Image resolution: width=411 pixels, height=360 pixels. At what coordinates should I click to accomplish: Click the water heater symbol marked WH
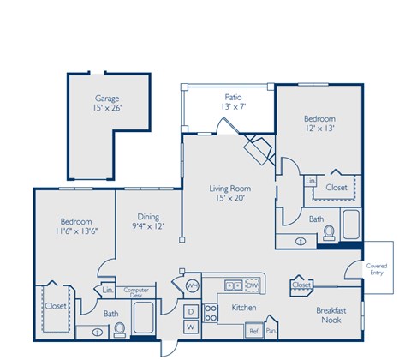pyautogui.click(x=193, y=285)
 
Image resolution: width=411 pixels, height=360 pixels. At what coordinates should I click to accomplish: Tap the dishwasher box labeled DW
pyautogui.click(x=252, y=285)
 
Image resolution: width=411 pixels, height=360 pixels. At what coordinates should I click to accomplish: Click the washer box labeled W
pyautogui.click(x=190, y=327)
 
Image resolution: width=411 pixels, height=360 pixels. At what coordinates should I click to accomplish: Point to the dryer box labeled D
pyautogui.click(x=190, y=310)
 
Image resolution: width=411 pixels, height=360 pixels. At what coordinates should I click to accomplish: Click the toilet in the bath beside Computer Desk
pyautogui.click(x=119, y=327)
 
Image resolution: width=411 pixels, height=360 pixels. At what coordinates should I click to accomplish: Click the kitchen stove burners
pyautogui.click(x=232, y=285)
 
